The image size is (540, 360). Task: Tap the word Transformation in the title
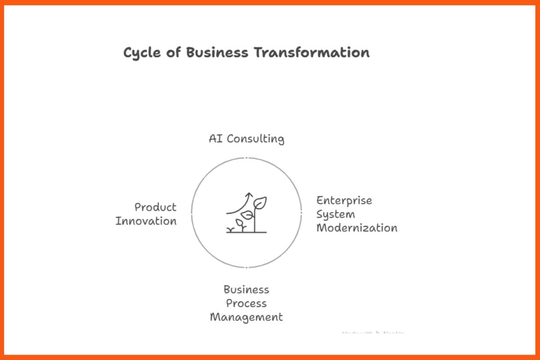(x=311, y=52)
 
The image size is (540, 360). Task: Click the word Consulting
(x=255, y=139)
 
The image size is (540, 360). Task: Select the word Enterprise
(x=344, y=201)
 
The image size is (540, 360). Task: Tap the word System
(x=335, y=215)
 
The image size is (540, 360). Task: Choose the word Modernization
(x=356, y=228)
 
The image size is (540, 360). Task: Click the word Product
(x=155, y=207)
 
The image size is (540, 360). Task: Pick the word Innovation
(x=146, y=221)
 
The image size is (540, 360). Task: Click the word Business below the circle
(x=246, y=289)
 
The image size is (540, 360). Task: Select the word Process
(x=246, y=303)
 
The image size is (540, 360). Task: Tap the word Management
(x=246, y=317)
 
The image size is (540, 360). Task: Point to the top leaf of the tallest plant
(x=261, y=202)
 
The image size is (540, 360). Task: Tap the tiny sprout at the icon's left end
(x=231, y=229)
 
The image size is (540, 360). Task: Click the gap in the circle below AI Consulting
(x=246, y=158)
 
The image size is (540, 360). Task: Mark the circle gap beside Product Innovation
(x=192, y=213)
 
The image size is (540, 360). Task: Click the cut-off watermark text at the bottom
(x=373, y=333)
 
